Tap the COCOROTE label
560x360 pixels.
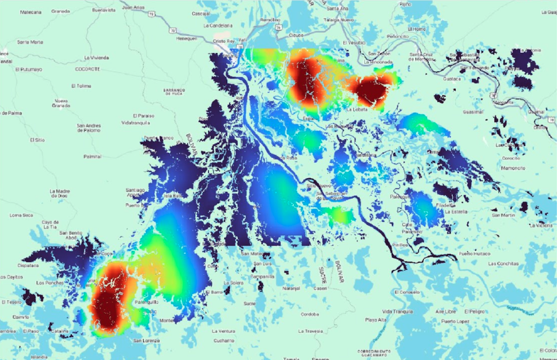[87, 69]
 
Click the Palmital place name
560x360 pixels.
[92, 157]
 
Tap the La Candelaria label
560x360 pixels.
[221, 25]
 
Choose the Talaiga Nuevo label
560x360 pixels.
[339, 20]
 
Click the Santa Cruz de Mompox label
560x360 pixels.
[426, 57]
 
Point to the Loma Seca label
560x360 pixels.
[22, 215]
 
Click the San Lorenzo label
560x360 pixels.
[147, 341]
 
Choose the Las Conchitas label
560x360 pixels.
[503, 264]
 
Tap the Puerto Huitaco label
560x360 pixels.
[474, 253]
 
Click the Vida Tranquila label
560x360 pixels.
[397, 311]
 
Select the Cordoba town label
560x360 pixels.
[309, 314]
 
